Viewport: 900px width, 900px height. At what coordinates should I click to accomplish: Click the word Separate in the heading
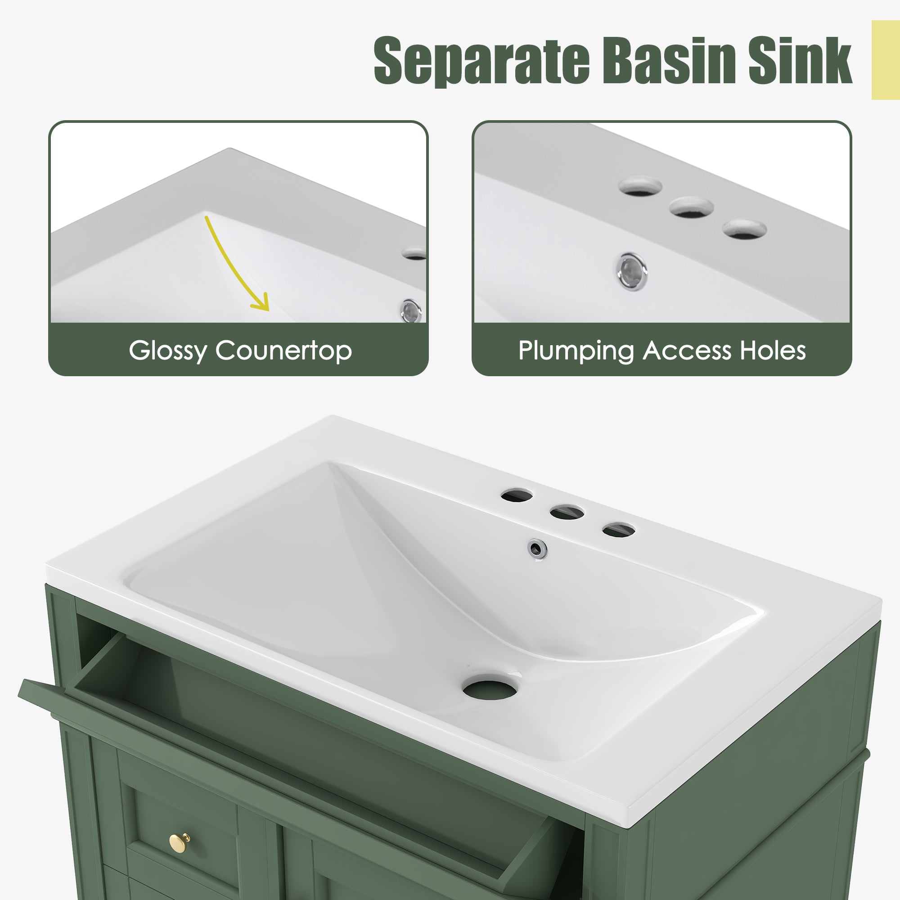click(x=481, y=61)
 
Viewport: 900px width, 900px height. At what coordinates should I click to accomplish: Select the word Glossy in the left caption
click(x=168, y=352)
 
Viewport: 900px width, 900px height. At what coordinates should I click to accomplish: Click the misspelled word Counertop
click(x=283, y=351)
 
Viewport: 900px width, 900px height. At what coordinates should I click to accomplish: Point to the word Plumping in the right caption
click(x=576, y=352)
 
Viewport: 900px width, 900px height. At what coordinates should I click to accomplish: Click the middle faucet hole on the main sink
click(x=567, y=513)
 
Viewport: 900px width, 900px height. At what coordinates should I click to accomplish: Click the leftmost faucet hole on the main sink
click(x=517, y=495)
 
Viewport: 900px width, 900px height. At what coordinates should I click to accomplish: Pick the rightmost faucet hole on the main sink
click(x=619, y=530)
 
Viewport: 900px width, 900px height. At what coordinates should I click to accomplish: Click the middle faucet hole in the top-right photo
click(x=691, y=207)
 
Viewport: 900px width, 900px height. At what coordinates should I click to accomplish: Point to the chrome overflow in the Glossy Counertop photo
click(x=412, y=310)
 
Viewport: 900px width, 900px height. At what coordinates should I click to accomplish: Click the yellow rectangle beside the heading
click(x=886, y=60)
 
